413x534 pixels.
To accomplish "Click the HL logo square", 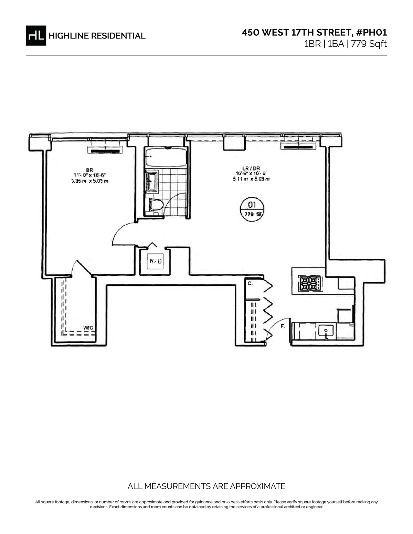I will (36, 35).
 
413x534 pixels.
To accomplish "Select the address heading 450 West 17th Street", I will (314, 33).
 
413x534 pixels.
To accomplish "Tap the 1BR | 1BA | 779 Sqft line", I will (345, 44).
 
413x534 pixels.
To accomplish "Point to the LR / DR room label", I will (251, 168).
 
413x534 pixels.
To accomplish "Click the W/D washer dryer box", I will (155, 261).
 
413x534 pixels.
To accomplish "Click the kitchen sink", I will (326, 331).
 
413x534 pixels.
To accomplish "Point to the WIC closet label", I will (88, 328).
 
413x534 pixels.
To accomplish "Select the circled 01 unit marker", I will (252, 208).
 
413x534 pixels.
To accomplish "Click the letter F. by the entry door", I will (283, 326).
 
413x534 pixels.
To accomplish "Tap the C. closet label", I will (250, 284).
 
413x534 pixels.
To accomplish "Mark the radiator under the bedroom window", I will (105, 150).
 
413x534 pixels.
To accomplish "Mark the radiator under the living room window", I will (299, 147).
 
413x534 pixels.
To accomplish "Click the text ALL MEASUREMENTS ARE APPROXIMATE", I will (206, 486).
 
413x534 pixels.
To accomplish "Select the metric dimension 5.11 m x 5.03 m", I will (251, 179).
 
